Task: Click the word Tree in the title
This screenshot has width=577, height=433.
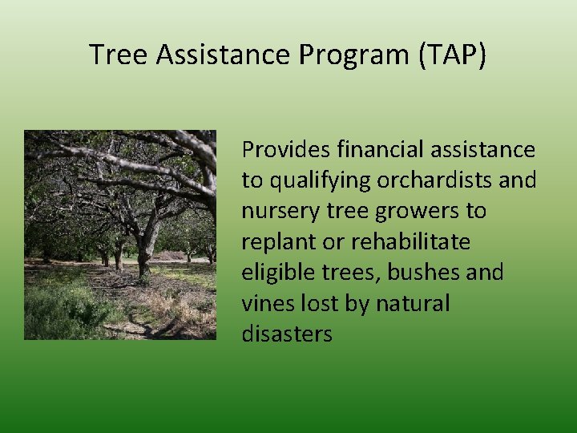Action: (x=119, y=55)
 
